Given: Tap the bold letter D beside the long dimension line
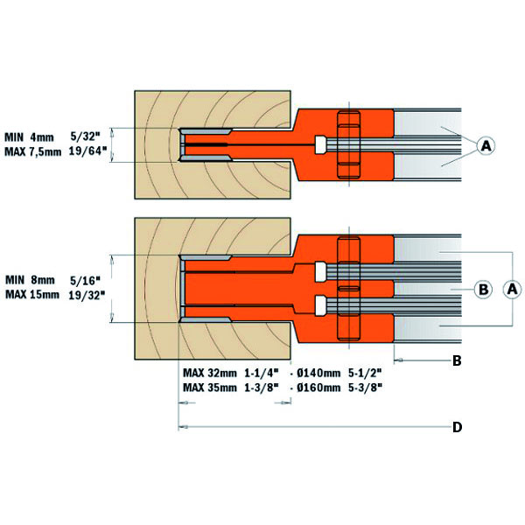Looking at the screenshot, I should click(457, 428).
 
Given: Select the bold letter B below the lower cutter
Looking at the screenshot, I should click(456, 360).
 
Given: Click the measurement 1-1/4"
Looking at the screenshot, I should click(262, 371).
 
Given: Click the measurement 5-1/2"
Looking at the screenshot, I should click(366, 371).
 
